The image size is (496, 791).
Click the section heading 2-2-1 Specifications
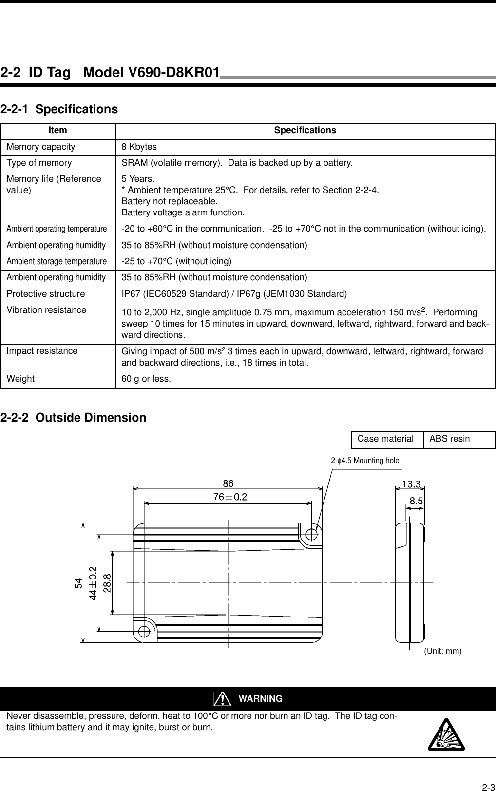point(59,109)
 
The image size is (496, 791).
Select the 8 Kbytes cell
point(139,147)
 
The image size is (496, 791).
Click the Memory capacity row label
point(41,147)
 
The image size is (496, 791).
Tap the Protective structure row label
point(46,294)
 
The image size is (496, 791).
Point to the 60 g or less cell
point(146,379)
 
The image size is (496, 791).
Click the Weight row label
point(20,379)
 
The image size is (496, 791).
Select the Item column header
point(58,131)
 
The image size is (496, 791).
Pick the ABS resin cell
point(450,439)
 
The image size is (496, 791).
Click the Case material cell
point(385,439)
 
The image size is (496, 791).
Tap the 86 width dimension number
point(228,483)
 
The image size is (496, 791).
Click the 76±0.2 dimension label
point(230,497)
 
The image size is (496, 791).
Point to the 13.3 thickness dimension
point(411,483)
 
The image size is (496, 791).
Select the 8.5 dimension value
point(416,501)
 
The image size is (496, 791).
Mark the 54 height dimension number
point(78,583)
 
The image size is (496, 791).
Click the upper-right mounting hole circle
point(312,533)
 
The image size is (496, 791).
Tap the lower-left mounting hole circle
point(144,631)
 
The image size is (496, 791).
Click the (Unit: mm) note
point(442,651)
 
